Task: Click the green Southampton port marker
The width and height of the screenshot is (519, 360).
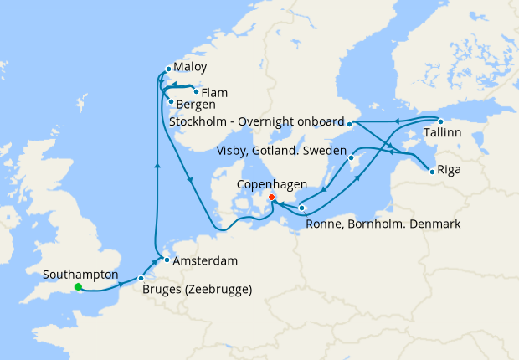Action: point(78,287)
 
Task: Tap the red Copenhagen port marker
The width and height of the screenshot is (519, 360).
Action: point(271,198)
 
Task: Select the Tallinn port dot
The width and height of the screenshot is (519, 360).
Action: point(440,121)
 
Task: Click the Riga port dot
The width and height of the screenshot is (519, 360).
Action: point(432,172)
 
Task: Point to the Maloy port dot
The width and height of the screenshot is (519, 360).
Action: point(168,69)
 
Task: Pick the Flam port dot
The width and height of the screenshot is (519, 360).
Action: point(196,92)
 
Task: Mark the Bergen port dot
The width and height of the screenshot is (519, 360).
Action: point(171,103)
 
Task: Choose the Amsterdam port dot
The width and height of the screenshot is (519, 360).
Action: point(167,260)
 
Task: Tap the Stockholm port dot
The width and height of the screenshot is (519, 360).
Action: point(350,124)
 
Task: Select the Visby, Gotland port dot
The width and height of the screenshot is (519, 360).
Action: point(352,157)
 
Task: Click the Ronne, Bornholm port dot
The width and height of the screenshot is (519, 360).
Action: point(302,208)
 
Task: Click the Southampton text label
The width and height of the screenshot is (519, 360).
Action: point(80,274)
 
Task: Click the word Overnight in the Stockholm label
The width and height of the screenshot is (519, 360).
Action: point(267,122)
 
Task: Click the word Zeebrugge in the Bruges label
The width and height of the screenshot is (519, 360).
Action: point(218,291)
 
